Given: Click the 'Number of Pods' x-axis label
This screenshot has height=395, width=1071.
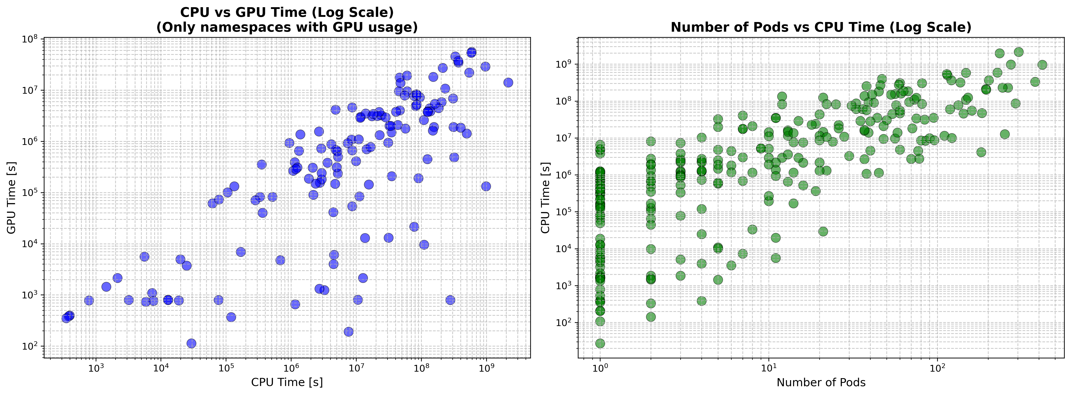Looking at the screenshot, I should click(x=821, y=382).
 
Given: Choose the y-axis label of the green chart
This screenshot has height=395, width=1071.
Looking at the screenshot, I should click(x=545, y=198).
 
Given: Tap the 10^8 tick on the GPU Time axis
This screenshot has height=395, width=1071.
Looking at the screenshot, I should click(x=29, y=40).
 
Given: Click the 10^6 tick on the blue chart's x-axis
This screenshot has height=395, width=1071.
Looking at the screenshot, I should click(x=291, y=368).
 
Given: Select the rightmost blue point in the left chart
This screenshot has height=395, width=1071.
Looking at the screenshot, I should click(x=508, y=82).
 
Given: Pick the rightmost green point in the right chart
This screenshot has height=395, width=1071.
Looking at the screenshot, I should click(x=1042, y=64).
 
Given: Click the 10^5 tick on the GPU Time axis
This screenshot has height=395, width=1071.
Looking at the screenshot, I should click(x=29, y=193).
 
